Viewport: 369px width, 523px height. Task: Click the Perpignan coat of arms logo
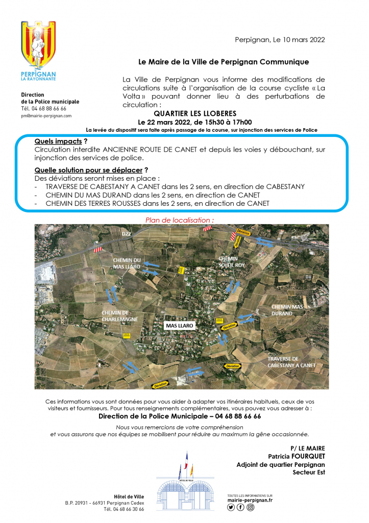[38, 47]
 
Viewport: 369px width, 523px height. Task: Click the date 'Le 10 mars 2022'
[298, 40]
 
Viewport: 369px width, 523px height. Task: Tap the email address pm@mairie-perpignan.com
[46, 116]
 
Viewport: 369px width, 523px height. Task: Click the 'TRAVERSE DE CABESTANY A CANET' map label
[291, 362]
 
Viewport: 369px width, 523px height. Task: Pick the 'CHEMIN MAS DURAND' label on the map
[288, 310]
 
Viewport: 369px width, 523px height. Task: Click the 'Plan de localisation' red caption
[180, 220]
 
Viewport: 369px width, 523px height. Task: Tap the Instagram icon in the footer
[250, 507]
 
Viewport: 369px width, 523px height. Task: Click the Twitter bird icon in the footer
[231, 507]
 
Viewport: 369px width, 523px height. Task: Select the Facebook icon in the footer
[240, 507]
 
